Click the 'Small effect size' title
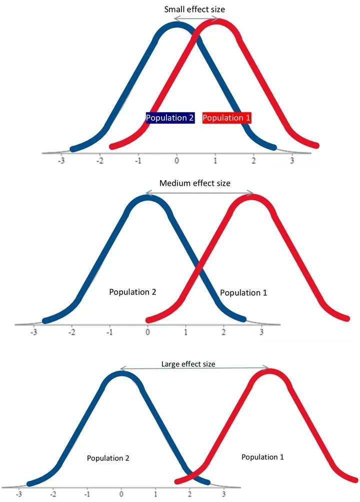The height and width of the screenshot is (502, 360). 195,9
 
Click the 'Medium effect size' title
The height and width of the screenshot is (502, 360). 195,183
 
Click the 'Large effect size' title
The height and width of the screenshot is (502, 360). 188,364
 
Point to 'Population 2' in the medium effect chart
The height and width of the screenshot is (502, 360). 133,292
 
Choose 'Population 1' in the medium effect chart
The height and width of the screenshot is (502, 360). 243,293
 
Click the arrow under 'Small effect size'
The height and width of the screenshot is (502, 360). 196,19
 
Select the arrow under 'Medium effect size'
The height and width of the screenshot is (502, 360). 199,193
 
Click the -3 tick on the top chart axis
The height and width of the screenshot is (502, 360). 61,162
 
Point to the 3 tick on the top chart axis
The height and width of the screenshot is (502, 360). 292,162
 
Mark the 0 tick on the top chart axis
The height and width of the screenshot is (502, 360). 176,162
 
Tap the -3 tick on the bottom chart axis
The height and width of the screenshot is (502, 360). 19,494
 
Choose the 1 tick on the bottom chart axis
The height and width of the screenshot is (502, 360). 156,494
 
